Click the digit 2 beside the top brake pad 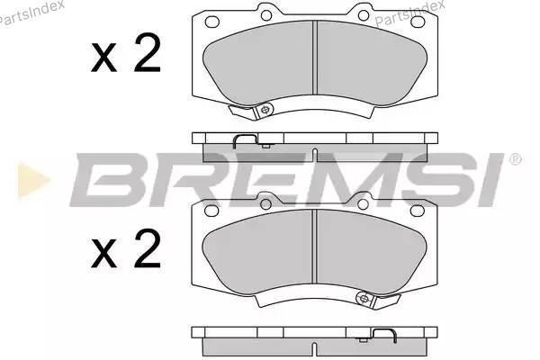pos(148,53)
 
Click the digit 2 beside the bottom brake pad pos(148,248)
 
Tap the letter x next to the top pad pos(103,58)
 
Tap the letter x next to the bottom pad pos(103,254)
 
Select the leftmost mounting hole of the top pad pos(211,22)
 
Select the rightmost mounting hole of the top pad pos(418,22)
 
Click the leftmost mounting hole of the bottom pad pos(211,210)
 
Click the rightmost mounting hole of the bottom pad pos(418,210)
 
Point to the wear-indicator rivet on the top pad pos(265,110)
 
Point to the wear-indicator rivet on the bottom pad pos(364,298)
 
